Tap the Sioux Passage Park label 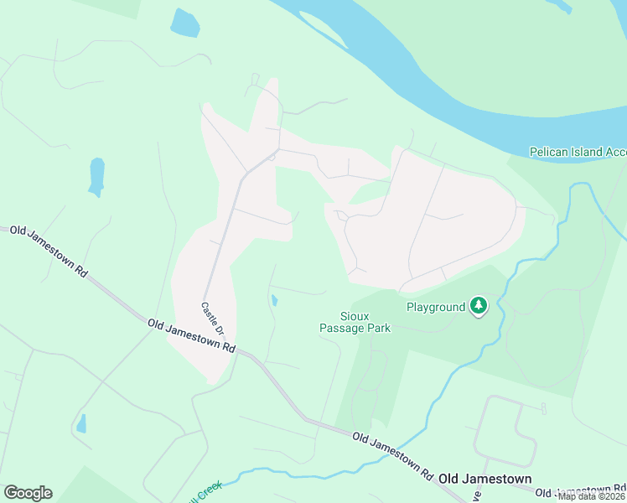[355, 322]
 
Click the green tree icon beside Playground [479, 306]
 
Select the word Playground [435, 307]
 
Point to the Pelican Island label [578, 152]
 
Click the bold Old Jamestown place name [484, 478]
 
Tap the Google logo [28, 492]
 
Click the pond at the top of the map [184, 23]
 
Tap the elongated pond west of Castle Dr [96, 175]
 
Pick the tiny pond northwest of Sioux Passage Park [274, 299]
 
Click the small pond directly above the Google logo [80, 423]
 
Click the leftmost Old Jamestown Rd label [49, 249]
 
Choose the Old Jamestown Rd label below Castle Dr [190, 334]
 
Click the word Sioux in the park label [355, 316]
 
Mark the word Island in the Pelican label [584, 152]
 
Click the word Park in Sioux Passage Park [377, 328]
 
